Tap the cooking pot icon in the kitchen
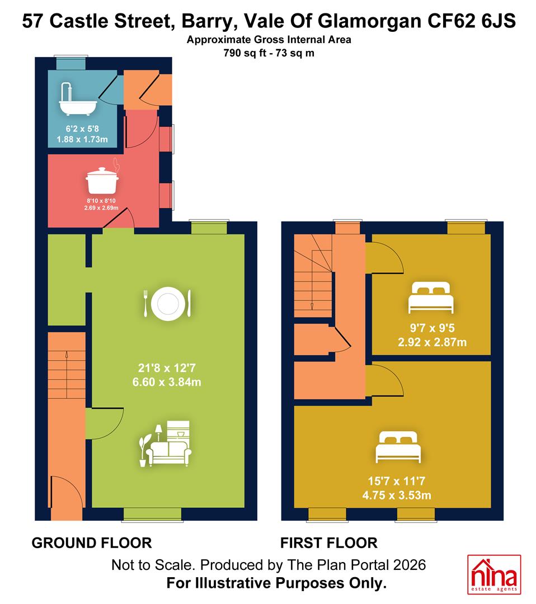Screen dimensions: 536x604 point(102,180)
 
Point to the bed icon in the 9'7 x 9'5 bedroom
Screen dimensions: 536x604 point(431,298)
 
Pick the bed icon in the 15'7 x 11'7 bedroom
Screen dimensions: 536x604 point(398,447)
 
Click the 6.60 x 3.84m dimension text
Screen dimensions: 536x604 point(167,382)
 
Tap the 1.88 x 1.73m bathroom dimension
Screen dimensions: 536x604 point(82,139)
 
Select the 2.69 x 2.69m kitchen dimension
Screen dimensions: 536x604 point(101,208)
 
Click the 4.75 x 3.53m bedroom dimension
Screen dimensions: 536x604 point(397,496)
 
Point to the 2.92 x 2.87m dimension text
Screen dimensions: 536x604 point(432,342)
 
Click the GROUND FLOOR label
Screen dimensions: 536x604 point(92,543)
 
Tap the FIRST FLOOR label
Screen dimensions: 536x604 point(328,543)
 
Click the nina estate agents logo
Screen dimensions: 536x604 point(494,574)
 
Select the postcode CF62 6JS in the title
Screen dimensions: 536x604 point(471,21)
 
